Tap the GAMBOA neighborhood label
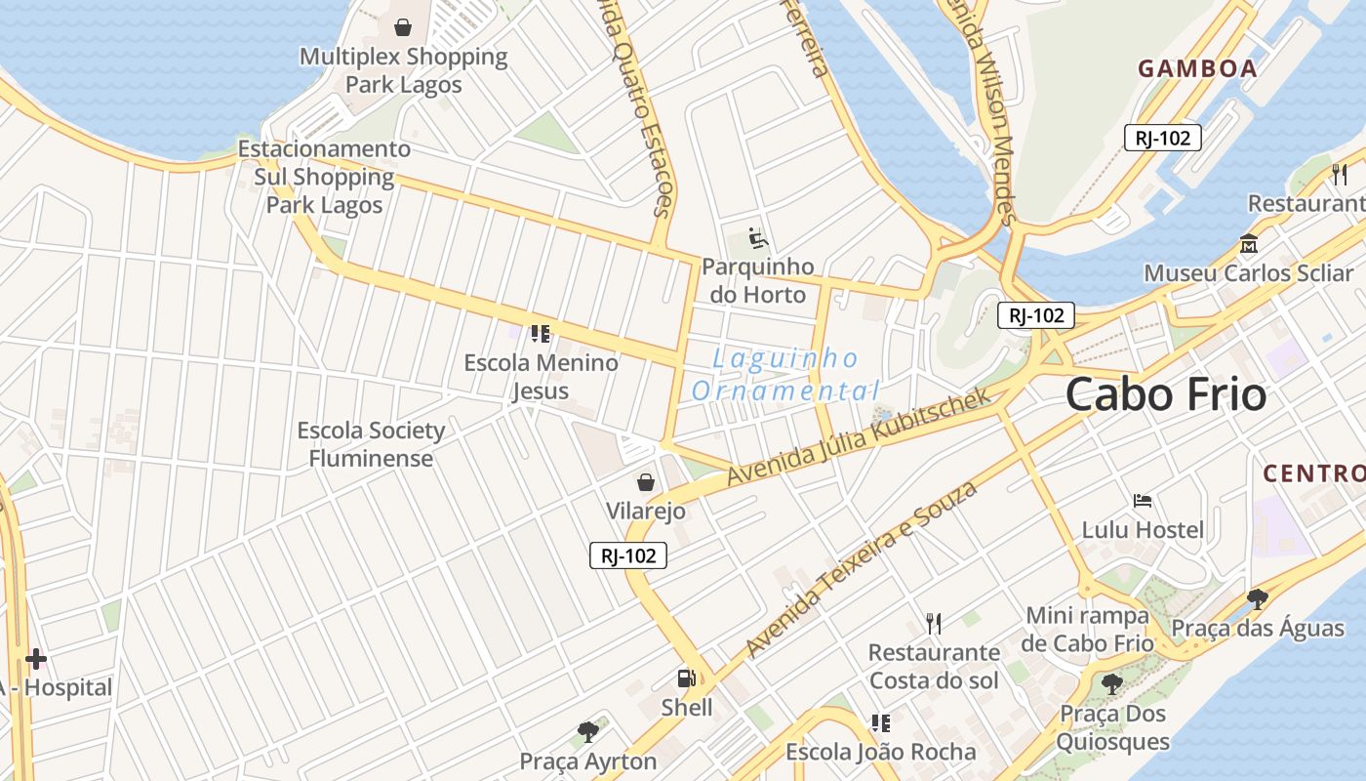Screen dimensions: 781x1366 (x=1197, y=68)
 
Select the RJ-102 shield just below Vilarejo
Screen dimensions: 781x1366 (x=629, y=556)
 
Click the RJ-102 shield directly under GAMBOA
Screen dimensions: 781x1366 (x=1162, y=138)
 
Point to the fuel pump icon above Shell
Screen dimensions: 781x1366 (x=687, y=678)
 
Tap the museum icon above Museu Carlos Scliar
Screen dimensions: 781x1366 (x=1248, y=243)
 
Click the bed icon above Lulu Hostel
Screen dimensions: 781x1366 (x=1143, y=501)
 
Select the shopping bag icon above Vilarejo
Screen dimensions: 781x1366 (x=645, y=481)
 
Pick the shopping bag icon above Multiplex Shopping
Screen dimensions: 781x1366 (x=402, y=27)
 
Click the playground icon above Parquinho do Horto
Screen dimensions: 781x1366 (x=757, y=237)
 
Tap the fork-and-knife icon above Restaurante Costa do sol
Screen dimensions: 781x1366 (x=934, y=623)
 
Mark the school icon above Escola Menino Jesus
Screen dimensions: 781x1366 (x=541, y=334)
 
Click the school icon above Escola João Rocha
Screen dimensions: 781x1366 (x=880, y=723)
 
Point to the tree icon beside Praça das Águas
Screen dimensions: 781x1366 (x=1258, y=598)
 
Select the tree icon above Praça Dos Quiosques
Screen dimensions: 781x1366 (x=1111, y=683)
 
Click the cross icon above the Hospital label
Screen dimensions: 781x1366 (x=36, y=659)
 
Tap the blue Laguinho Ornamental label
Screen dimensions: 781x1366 (x=785, y=375)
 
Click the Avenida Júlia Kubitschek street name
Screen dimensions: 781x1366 (x=859, y=437)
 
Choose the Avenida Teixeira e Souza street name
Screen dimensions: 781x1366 (x=861, y=568)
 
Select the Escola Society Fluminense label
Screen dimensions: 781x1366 (x=371, y=444)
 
